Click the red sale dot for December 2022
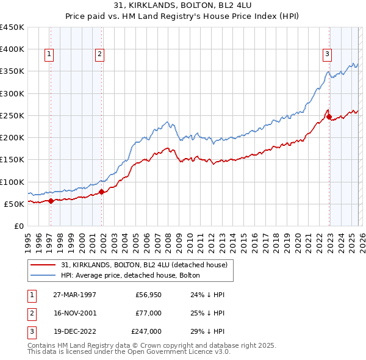(329, 117)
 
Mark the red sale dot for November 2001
(101, 192)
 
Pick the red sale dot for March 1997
(51, 201)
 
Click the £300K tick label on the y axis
(12, 93)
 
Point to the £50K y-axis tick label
(14, 204)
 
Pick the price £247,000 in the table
(146, 331)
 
